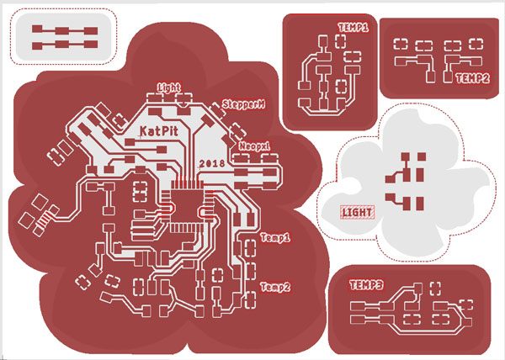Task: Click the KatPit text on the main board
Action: [159, 131]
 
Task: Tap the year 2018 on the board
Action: [212, 163]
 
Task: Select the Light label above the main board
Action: [169, 87]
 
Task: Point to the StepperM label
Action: [244, 104]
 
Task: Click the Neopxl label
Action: [254, 146]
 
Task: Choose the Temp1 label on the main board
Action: [275, 238]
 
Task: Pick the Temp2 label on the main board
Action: [275, 287]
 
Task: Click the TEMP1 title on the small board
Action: [353, 28]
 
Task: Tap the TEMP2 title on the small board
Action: [472, 78]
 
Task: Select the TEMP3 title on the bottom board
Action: [366, 285]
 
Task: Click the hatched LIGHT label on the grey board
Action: [357, 212]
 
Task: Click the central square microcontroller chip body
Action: [187, 205]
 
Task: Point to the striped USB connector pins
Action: [45, 220]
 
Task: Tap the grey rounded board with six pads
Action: [63, 37]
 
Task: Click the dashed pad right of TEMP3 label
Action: [435, 289]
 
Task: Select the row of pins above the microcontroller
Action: [187, 185]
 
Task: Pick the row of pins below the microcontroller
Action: [187, 228]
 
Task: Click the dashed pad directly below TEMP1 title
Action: [340, 41]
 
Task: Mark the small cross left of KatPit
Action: [141, 135]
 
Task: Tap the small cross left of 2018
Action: [199, 167]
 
